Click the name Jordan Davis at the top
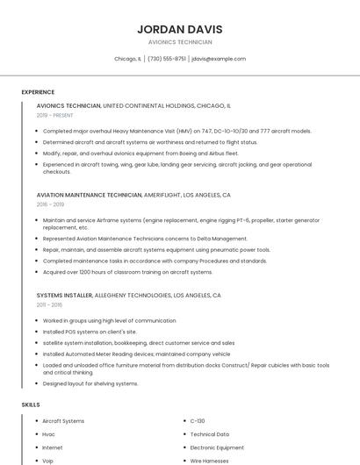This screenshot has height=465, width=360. [x=180, y=29]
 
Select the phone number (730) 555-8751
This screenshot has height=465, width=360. [x=167, y=59]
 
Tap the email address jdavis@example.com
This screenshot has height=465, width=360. [x=219, y=59]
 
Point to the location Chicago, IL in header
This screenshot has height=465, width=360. [x=127, y=59]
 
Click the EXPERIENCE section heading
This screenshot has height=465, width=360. [x=38, y=92]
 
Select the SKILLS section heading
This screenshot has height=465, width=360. [x=30, y=404]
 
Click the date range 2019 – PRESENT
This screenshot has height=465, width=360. [x=56, y=115]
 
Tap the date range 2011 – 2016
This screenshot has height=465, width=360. [x=49, y=304]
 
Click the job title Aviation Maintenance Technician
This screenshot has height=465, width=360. [x=89, y=195]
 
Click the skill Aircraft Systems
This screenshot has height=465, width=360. [x=63, y=421]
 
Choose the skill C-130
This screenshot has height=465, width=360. [x=198, y=421]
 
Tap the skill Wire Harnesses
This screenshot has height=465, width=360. [x=209, y=460]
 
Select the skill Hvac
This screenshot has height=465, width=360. [x=48, y=434]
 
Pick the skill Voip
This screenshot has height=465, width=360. [x=48, y=460]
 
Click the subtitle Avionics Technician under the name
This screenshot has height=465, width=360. [x=180, y=42]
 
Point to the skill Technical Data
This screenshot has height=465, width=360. [x=210, y=434]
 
